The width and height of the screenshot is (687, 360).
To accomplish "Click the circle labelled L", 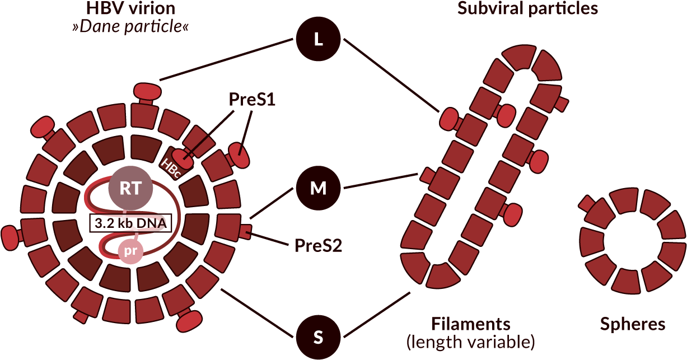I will (x=318, y=40).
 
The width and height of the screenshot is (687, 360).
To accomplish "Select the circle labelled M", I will (x=318, y=188).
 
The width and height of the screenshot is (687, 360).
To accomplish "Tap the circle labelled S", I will (x=318, y=338).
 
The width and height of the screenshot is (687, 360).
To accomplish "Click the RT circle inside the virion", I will (x=130, y=188).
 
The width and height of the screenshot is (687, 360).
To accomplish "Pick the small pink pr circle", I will (x=130, y=251).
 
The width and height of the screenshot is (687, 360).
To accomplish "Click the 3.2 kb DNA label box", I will (x=130, y=223).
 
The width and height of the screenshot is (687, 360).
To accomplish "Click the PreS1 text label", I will (x=252, y=99).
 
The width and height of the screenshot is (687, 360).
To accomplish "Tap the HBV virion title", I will (x=130, y=8).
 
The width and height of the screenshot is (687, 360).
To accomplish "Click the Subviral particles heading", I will (x=527, y=8).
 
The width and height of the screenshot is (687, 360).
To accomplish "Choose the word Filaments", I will (x=471, y=324).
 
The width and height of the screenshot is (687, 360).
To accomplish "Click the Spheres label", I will (x=633, y=324).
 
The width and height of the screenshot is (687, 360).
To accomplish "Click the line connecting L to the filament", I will (x=392, y=76).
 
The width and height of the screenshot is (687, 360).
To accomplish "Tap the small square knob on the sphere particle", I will (x=587, y=204).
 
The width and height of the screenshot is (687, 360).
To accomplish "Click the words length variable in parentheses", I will (x=471, y=342).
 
